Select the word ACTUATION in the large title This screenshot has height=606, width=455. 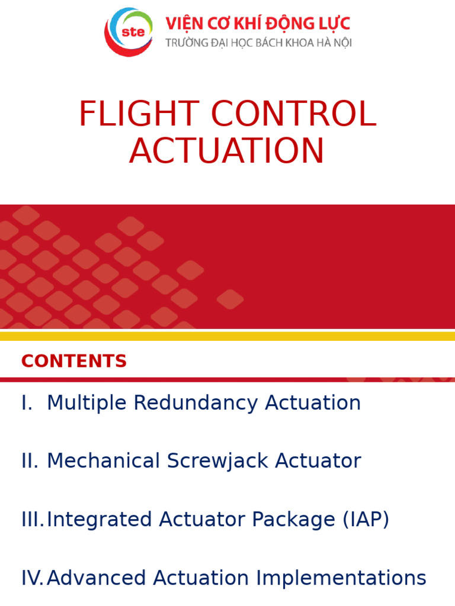tap(227, 151)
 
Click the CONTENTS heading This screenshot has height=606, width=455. tap(74, 361)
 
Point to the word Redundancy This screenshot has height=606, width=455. tap(197, 404)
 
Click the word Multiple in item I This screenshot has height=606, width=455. tap(86, 403)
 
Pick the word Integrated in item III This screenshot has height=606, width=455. tap(100, 520)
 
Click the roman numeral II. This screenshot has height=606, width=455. tap(30, 461)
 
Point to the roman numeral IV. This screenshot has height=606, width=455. tap(33, 578)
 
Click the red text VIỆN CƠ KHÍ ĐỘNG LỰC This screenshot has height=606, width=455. tap(258, 24)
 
